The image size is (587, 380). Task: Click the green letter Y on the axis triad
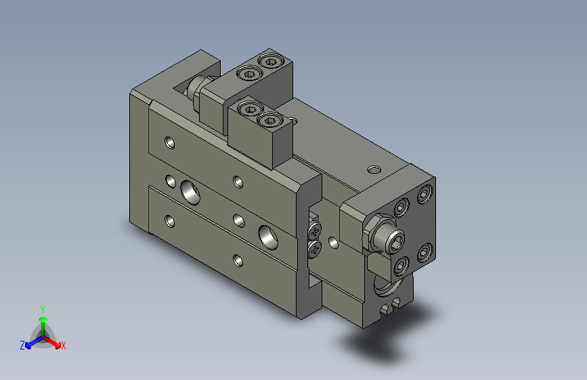[x=42, y=308]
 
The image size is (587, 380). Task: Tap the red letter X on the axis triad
[x=63, y=346]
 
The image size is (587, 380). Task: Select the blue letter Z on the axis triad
[x=22, y=346]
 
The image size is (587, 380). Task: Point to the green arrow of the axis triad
[x=42, y=320]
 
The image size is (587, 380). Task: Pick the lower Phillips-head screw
[x=315, y=250]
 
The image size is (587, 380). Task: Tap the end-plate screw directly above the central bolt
[x=403, y=207]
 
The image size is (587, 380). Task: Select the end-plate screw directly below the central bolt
[x=401, y=264]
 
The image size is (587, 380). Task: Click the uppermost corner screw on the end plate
[x=425, y=195]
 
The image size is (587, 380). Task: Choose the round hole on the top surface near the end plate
[x=374, y=168]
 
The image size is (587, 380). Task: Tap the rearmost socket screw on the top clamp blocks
[x=271, y=63]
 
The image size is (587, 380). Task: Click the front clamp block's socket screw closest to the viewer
[x=269, y=122]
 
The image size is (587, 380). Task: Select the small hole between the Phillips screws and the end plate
[x=332, y=241]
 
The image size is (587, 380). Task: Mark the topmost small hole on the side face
[x=169, y=143]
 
